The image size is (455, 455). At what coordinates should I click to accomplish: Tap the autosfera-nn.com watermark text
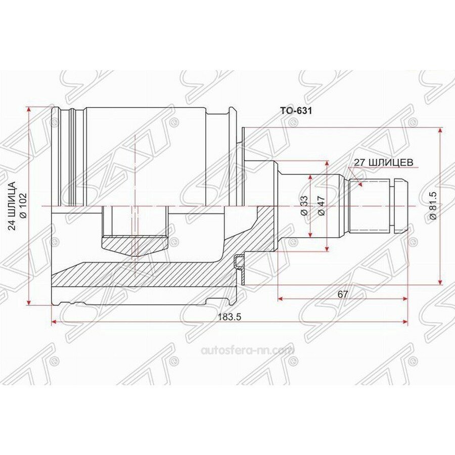click(x=247, y=350)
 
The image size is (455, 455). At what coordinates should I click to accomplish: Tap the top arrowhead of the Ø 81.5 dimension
click(x=441, y=130)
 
